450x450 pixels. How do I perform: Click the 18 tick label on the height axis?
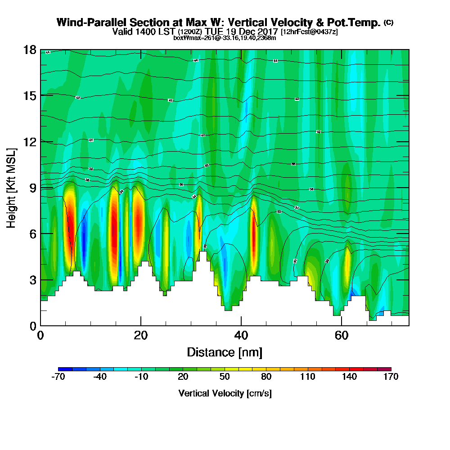pos(29,49)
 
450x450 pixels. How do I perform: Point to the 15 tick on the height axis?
pos(29,95)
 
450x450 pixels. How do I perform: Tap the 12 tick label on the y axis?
pos(29,141)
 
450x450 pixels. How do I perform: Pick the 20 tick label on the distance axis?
pos(141,336)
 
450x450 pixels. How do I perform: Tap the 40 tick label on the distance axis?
pos(241,336)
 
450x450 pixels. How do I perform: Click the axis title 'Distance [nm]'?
pos(225,352)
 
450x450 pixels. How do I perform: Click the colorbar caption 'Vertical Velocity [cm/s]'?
pos(225,393)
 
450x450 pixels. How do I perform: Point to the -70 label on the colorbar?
pos(58,377)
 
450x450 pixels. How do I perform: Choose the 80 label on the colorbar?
pos(266,377)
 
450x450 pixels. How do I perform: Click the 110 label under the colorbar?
pos(308,377)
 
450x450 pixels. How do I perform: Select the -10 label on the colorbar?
pos(141,377)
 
